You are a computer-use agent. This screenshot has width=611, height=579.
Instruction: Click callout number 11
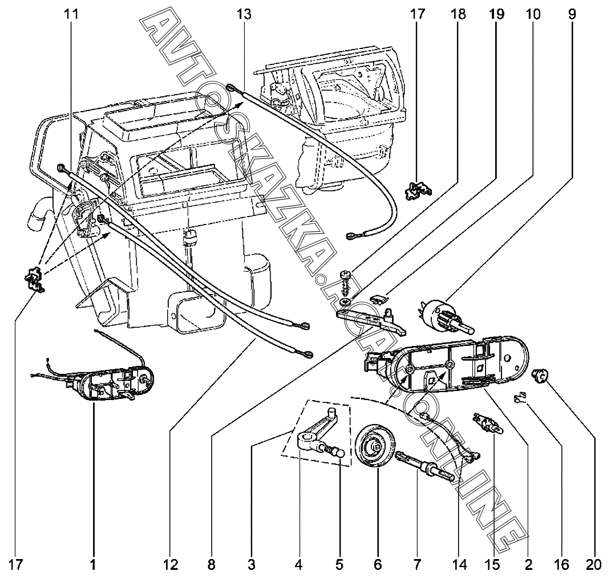(71, 14)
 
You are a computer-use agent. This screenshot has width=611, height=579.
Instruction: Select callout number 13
(244, 14)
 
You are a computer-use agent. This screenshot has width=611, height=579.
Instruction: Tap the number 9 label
(572, 14)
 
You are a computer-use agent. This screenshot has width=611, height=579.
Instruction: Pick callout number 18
(458, 14)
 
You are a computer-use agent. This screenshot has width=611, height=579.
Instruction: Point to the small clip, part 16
(520, 399)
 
